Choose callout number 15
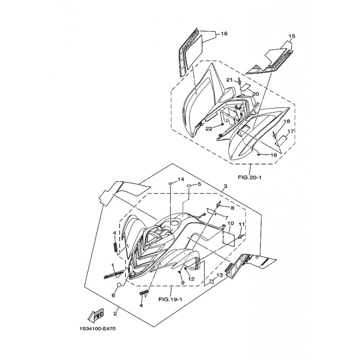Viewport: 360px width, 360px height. click(292, 36)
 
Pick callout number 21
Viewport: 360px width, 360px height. click(229, 80)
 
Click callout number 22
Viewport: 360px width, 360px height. click(209, 128)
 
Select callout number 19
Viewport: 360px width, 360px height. click(273, 155)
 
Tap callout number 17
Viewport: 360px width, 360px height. click(291, 131)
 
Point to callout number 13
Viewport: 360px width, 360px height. click(220, 275)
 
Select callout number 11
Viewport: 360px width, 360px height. click(241, 224)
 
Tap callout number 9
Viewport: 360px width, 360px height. click(183, 282)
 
